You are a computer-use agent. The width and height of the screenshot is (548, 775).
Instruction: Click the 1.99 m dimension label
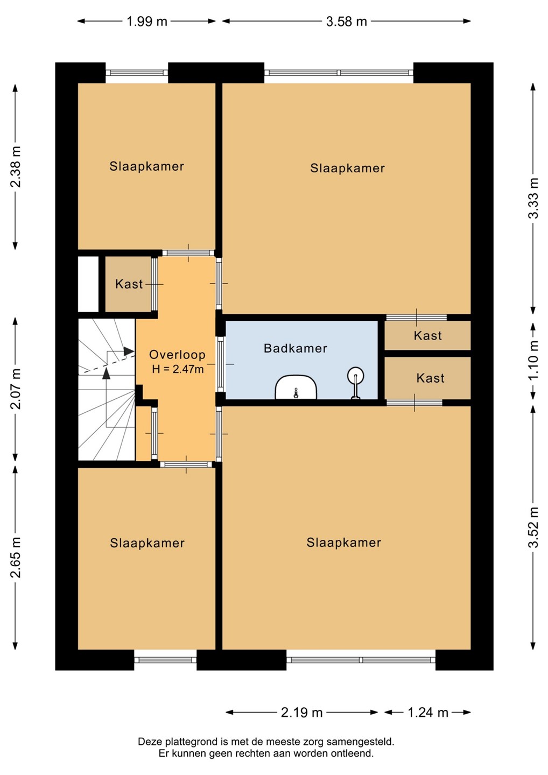tap(146, 22)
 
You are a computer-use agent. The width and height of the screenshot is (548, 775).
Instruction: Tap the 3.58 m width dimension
tap(346, 22)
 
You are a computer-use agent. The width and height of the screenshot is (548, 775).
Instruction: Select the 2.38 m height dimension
tap(16, 167)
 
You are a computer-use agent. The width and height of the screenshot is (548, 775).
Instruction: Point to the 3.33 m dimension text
tap(533, 198)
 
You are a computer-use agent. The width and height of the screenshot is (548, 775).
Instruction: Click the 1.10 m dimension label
tap(533, 360)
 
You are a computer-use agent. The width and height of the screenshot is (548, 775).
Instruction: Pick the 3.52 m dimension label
tap(533, 527)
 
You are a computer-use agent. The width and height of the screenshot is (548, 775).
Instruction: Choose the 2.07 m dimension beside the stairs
tap(16, 389)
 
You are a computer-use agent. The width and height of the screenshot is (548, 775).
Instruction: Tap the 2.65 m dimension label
tap(16, 558)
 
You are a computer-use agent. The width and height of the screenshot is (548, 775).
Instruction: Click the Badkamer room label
tap(295, 348)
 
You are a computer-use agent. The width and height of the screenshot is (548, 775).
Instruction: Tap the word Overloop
tap(177, 355)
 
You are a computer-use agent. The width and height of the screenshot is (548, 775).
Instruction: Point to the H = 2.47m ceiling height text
tap(178, 369)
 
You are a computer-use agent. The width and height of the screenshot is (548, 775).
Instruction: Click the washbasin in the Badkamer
tap(296, 387)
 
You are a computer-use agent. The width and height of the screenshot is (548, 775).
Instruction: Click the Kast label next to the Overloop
tap(129, 284)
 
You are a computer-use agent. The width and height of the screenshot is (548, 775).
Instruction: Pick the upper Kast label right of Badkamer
tap(427, 336)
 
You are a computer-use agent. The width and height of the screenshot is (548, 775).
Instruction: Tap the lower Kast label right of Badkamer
tap(430, 378)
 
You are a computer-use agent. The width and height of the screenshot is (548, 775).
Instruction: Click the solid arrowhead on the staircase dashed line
tap(129, 351)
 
